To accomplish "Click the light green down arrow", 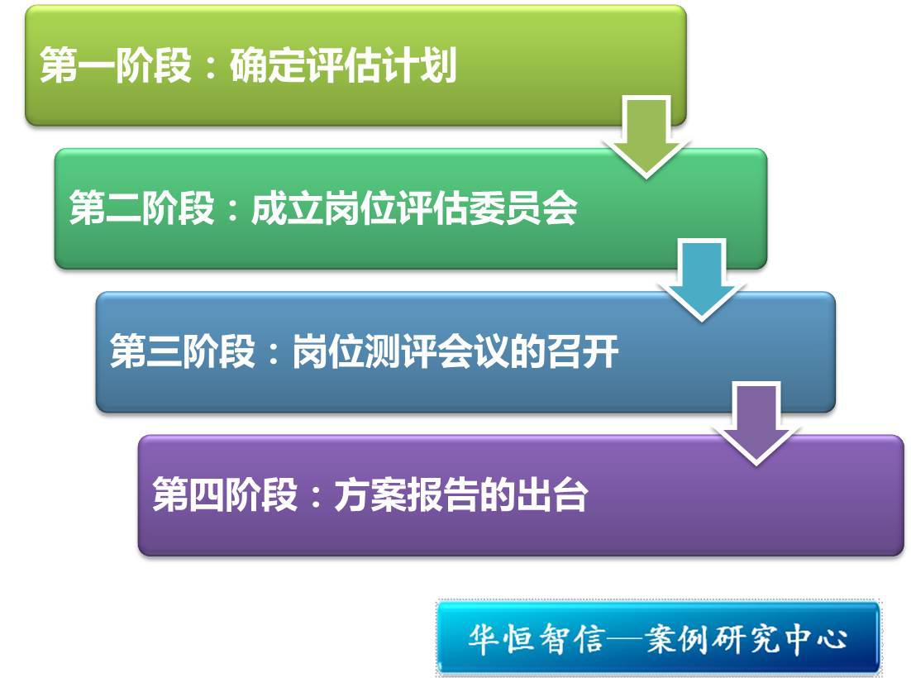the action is click(x=646, y=136).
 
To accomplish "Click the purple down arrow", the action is click(x=756, y=423).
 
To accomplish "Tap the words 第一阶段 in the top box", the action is click(x=116, y=64).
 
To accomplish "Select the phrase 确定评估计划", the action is click(x=343, y=64).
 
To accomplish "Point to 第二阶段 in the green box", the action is click(x=141, y=208).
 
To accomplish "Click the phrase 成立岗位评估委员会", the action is click(x=414, y=208).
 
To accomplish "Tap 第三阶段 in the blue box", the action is click(x=183, y=351).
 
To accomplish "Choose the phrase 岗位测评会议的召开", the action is click(x=455, y=351).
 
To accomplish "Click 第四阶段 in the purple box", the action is click(x=225, y=494).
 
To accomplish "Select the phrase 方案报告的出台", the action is click(x=461, y=494).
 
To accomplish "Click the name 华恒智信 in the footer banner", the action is click(x=537, y=639).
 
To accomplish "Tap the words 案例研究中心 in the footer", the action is click(x=746, y=639).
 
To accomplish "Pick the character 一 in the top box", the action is click(x=96, y=65).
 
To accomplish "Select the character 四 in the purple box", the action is click(x=207, y=495).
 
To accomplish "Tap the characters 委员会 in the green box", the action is click(x=523, y=208).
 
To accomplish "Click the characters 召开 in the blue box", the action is click(x=583, y=351).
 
